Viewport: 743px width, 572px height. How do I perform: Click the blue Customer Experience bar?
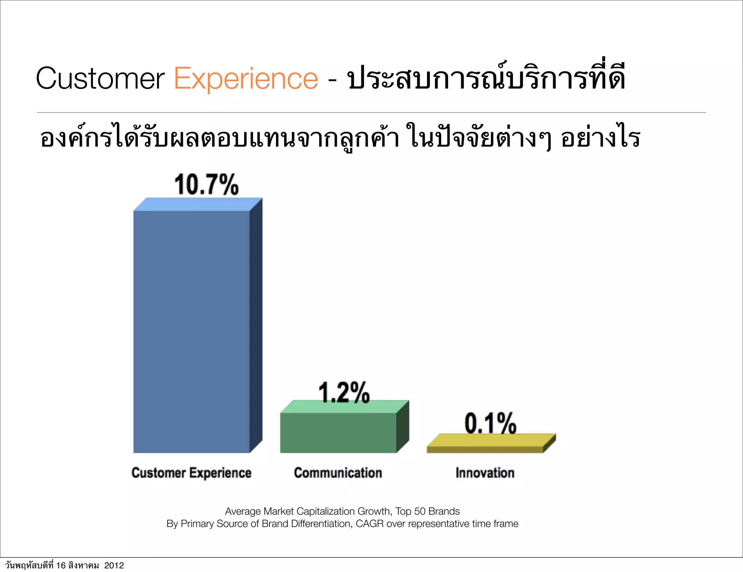pos(192,331)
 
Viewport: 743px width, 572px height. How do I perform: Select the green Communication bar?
pos(338,432)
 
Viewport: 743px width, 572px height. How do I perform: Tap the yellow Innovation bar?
pos(485,449)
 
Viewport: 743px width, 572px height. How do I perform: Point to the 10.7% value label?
pos(206,185)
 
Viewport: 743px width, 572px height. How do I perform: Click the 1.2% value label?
pos(344,393)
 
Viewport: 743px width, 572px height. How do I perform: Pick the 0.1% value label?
pos(490,423)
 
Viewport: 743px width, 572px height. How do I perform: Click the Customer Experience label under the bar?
pos(191,473)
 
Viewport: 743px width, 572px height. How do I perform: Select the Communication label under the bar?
pos(338,473)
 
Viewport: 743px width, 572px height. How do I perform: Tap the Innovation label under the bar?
pos(485,473)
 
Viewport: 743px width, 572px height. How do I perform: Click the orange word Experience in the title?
pos(246,78)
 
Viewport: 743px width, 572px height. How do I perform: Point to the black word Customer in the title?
pos(100,78)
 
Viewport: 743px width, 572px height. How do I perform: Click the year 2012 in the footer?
pos(114,565)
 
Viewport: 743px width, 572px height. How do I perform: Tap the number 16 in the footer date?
pos(61,565)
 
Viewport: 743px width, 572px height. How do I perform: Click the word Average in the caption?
pos(243,511)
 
